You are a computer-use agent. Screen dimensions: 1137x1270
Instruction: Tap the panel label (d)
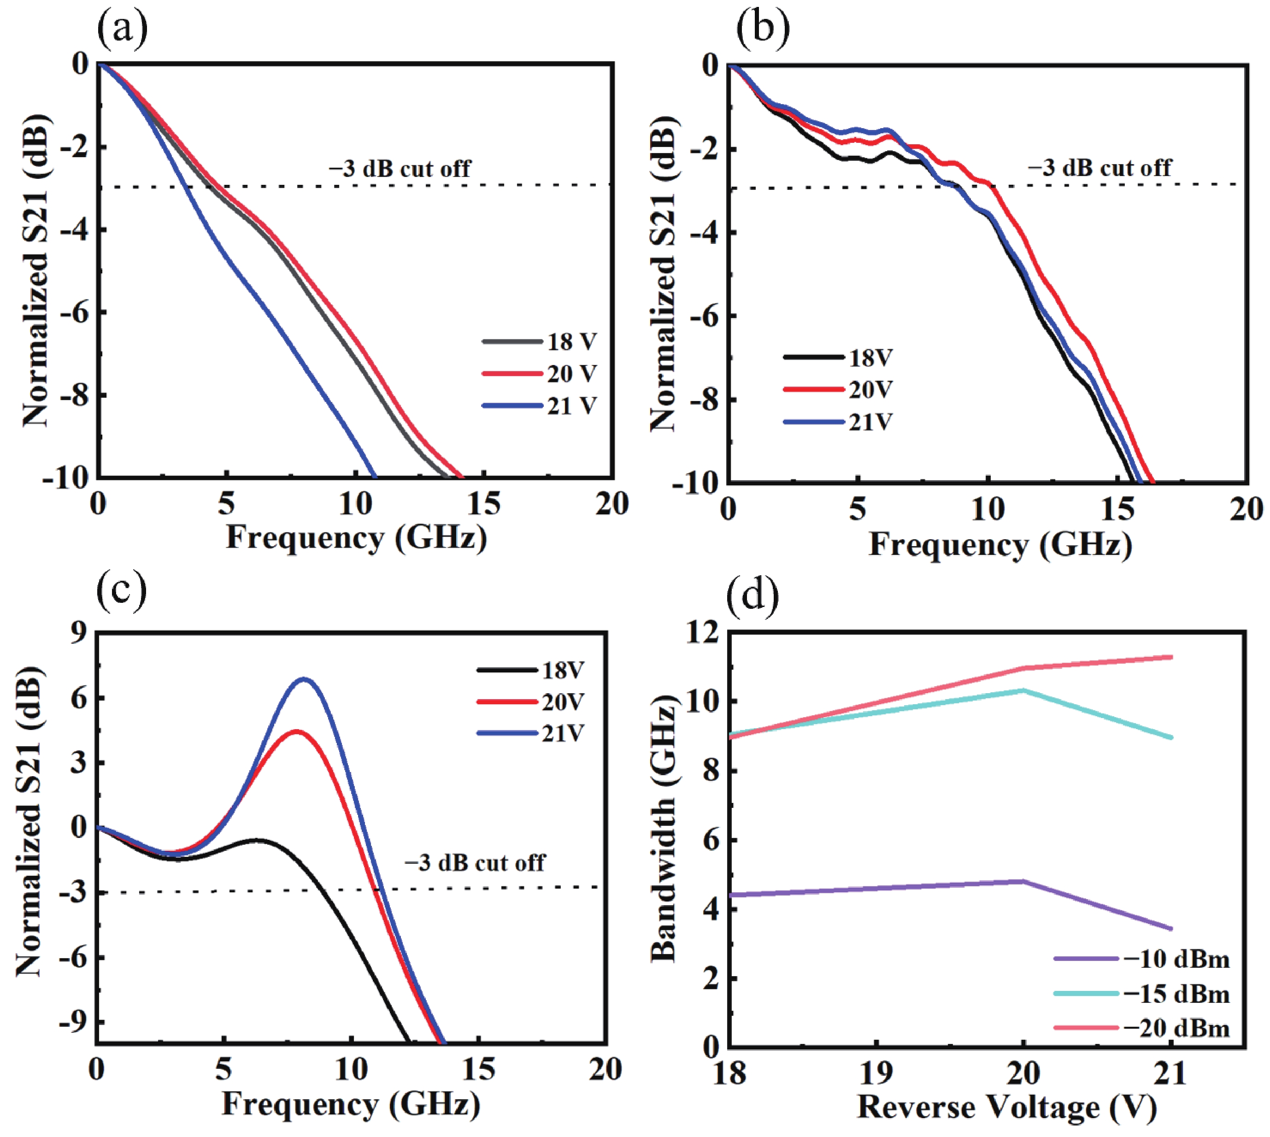click(753, 594)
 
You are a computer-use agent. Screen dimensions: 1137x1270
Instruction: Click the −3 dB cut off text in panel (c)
click(475, 863)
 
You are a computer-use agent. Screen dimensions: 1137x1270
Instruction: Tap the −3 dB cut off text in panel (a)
click(400, 168)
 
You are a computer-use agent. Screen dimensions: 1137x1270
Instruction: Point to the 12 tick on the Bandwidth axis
click(705, 632)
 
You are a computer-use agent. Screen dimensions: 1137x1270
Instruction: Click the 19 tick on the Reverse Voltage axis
click(876, 1073)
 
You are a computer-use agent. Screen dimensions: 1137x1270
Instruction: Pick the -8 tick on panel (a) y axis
click(74, 395)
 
